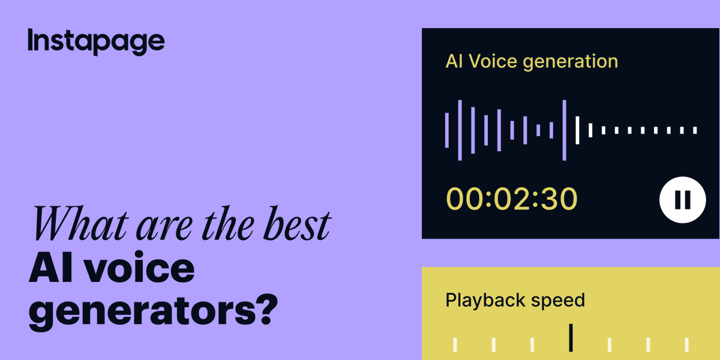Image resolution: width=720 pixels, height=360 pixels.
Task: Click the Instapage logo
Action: pos(96,41)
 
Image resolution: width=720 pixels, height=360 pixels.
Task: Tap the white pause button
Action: pos(682,200)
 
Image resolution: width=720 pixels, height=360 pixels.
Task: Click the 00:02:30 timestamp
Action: pos(511,199)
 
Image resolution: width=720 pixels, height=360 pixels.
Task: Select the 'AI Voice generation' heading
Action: pos(532,61)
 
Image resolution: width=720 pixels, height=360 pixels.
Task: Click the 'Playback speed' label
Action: pos(515,300)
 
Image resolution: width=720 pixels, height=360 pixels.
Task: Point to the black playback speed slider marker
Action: pos(571,337)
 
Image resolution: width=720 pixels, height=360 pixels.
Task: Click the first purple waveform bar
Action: pos(447,130)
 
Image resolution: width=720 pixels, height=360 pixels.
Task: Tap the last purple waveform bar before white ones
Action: pos(564,130)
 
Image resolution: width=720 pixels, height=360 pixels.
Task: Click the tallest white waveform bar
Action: pos(577,130)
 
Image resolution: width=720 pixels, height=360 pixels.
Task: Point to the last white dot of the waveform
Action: pos(695,130)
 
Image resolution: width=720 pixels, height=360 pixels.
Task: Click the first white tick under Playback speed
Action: pos(455,344)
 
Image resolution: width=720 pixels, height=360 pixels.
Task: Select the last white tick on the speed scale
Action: pos(687,344)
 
